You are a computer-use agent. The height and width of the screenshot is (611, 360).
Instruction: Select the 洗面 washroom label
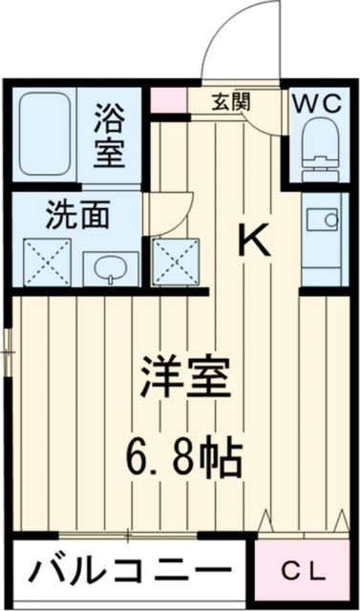click(76, 215)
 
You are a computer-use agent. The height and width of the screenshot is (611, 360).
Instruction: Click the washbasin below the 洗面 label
click(110, 268)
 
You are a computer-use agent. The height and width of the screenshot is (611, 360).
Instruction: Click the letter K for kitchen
click(253, 240)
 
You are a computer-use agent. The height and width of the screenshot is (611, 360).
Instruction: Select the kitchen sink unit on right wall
click(324, 239)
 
